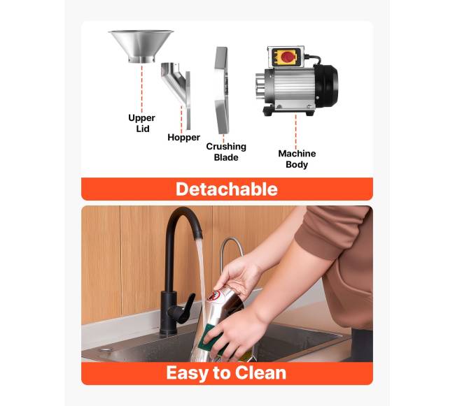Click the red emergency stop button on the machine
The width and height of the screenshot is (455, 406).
[287, 57]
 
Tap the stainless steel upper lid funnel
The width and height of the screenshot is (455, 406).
[141, 45]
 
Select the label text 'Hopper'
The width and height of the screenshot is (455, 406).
[183, 137]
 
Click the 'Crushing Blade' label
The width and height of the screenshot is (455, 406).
[226, 152]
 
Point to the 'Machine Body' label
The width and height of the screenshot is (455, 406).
[297, 159]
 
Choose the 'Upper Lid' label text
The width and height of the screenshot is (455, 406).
[142, 123]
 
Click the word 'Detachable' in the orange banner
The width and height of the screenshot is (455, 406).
[227, 189]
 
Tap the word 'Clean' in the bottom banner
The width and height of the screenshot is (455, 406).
[260, 372]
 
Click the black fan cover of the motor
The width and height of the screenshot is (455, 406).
[326, 85]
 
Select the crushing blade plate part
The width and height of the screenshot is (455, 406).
[222, 90]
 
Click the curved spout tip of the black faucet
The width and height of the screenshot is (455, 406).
[198, 233]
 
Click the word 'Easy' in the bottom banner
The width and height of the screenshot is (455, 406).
[187, 373]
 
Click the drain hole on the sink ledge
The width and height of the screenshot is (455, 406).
[106, 350]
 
